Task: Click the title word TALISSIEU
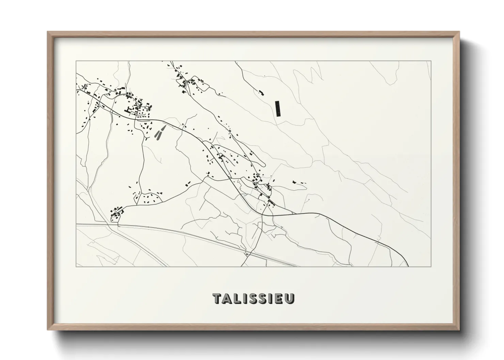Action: click(x=254, y=298)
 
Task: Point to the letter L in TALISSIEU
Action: click(x=236, y=298)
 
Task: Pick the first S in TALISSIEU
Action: click(x=252, y=298)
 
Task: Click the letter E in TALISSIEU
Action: click(x=279, y=298)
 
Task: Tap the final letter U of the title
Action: click(x=289, y=298)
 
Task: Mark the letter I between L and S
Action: click(x=244, y=298)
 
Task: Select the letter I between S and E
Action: click(x=271, y=298)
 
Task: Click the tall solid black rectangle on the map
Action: click(x=278, y=109)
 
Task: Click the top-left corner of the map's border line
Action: click(x=76, y=61)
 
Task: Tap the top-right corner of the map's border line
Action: click(x=431, y=61)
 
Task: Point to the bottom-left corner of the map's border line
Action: click(x=76, y=266)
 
